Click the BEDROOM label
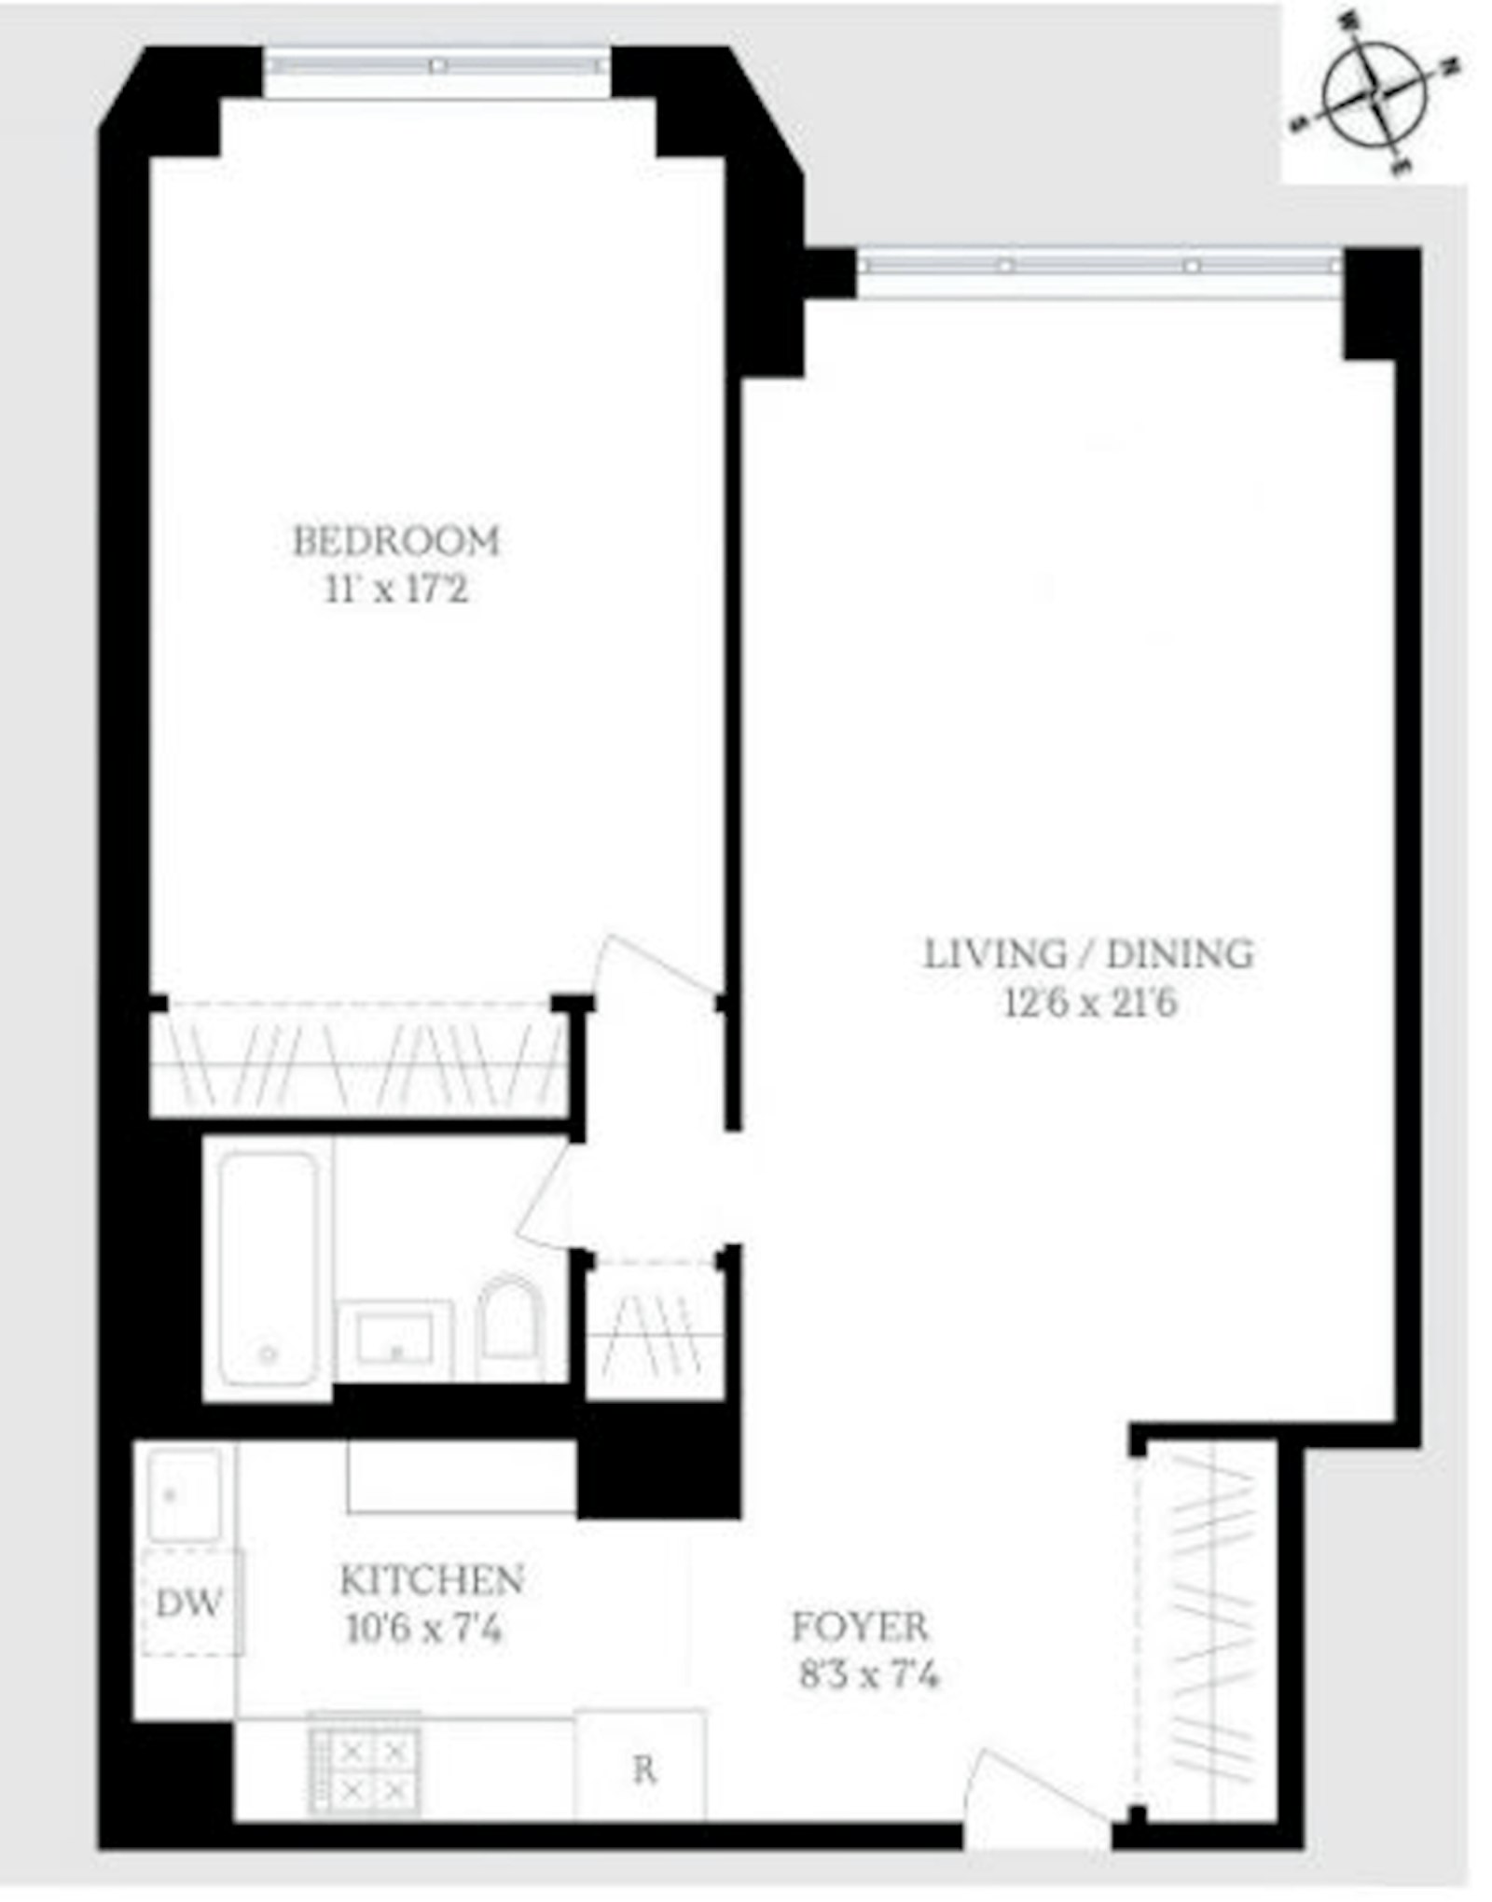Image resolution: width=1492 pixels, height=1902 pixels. coord(396,541)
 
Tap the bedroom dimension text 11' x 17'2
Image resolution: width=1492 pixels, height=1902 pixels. coord(396,590)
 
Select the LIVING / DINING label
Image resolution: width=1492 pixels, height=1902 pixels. coord(1088,954)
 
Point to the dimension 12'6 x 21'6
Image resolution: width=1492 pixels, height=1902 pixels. coord(1090,1004)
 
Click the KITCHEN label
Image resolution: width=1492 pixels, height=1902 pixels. coord(431,1580)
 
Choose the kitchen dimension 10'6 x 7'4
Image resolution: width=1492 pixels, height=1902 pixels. coord(424,1630)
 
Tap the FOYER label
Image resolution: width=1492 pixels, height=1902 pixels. coord(860,1628)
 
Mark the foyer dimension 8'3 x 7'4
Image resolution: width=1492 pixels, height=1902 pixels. coord(868,1676)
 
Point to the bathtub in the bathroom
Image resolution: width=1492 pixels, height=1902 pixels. coord(268,1269)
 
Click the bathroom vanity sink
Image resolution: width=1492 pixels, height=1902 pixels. coord(395,1340)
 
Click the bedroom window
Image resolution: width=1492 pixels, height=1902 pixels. coord(435,65)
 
